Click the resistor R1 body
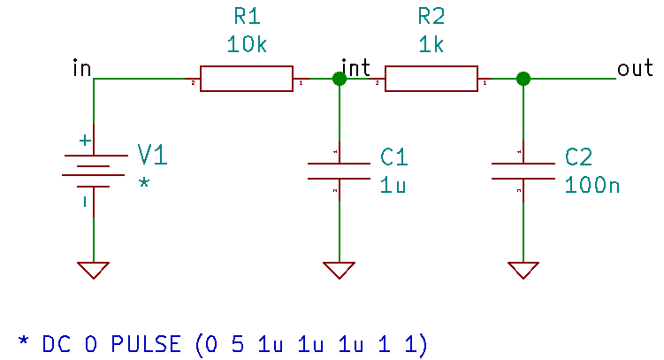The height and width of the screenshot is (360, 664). pyautogui.click(x=246, y=79)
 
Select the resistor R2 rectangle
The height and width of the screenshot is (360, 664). pyautogui.click(x=431, y=79)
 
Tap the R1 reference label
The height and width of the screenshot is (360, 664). pyautogui.click(x=247, y=18)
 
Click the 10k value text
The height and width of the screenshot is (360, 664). pyautogui.click(x=247, y=45)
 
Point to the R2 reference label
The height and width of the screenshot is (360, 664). pyautogui.click(x=431, y=18)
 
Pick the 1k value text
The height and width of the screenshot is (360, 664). pyautogui.click(x=431, y=45)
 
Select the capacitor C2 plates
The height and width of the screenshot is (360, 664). pyautogui.click(x=523, y=171)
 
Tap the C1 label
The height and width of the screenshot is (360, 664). pyautogui.click(x=394, y=157)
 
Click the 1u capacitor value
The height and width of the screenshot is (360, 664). pyautogui.click(x=393, y=186)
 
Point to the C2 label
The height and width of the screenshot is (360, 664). pyautogui.click(x=579, y=157)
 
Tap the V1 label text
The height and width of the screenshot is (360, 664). pyautogui.click(x=152, y=157)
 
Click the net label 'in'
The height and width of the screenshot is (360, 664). pyautogui.click(x=82, y=68)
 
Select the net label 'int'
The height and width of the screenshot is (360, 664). pyautogui.click(x=356, y=68)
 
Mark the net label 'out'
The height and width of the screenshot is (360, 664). pyautogui.click(x=635, y=68)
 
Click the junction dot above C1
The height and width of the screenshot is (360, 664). pyautogui.click(x=339, y=79)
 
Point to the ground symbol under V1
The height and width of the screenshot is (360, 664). pyautogui.click(x=94, y=270)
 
